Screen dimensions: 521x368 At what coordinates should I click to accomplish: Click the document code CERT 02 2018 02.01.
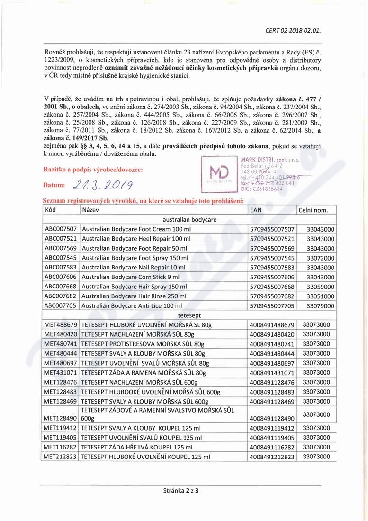294,31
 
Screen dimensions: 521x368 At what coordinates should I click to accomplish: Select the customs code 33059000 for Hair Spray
317,287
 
